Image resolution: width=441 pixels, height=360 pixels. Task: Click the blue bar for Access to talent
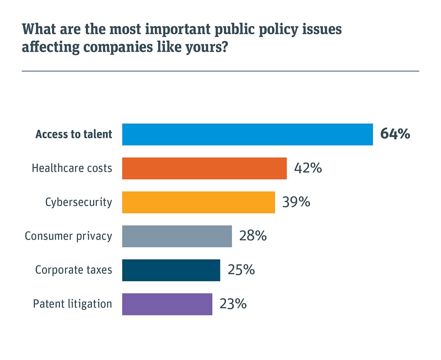pyautogui.click(x=247, y=134)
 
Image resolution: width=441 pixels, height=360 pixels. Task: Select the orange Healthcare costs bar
pyautogui.click(x=204, y=168)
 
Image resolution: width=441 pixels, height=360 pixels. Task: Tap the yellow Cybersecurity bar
pyautogui.click(x=198, y=202)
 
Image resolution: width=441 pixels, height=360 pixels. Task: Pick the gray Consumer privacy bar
pyautogui.click(x=177, y=236)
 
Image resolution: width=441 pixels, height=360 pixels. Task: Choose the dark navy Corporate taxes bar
pyautogui.click(x=171, y=270)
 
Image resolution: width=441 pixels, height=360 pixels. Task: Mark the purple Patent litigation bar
pyautogui.click(x=167, y=304)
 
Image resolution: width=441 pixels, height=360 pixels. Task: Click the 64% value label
pyautogui.click(x=395, y=134)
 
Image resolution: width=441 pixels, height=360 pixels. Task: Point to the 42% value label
pyautogui.click(x=308, y=168)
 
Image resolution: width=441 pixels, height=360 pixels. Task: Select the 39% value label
pyautogui.click(x=296, y=202)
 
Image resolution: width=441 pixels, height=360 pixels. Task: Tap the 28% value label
pyautogui.click(x=253, y=236)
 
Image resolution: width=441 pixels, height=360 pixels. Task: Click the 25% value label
pyautogui.click(x=241, y=270)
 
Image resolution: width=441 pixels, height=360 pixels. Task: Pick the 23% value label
pyautogui.click(x=233, y=304)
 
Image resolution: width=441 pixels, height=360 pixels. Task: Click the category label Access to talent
pyautogui.click(x=73, y=134)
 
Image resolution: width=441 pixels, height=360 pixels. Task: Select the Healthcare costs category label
pyautogui.click(x=72, y=168)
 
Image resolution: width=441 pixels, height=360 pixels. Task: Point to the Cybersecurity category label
pyautogui.click(x=78, y=202)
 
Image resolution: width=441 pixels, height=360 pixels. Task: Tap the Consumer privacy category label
pyautogui.click(x=68, y=236)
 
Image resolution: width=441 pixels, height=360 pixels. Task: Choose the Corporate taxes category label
pyautogui.click(x=73, y=270)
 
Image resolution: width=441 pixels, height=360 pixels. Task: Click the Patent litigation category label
pyautogui.click(x=72, y=304)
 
